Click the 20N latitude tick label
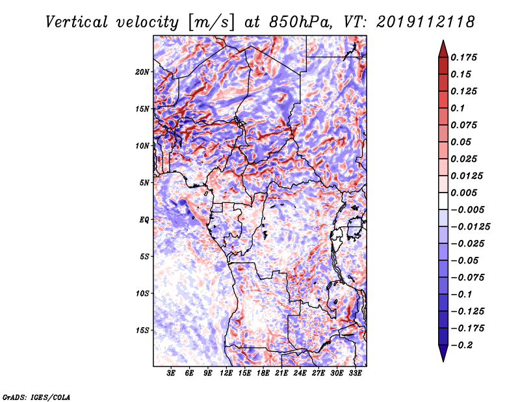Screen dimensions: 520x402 [x=142, y=72]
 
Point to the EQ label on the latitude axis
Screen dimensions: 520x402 [x=144, y=220]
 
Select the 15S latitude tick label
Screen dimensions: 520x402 [x=142, y=330]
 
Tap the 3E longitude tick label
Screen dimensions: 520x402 [x=171, y=373]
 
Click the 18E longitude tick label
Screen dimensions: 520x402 [x=263, y=373]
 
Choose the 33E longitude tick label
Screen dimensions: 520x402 [x=355, y=373]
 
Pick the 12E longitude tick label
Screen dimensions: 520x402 [x=226, y=373]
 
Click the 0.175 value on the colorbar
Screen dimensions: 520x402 [x=463, y=57]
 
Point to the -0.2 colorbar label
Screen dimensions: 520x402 [x=461, y=345]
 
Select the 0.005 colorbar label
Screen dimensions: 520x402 [x=463, y=193]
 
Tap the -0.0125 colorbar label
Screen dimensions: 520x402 [x=470, y=227]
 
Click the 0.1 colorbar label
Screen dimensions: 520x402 [x=458, y=108]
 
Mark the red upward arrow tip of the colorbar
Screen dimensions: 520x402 [x=443, y=40]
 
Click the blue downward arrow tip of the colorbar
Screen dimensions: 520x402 [x=443, y=361]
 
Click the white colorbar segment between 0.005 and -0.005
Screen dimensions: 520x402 [x=443, y=201]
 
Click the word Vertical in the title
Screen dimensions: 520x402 [x=77, y=22]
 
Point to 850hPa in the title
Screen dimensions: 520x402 [x=300, y=22]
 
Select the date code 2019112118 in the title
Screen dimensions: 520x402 [x=426, y=22]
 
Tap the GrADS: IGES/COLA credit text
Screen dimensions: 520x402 [x=36, y=397]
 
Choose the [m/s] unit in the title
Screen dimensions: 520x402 [x=211, y=23]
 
